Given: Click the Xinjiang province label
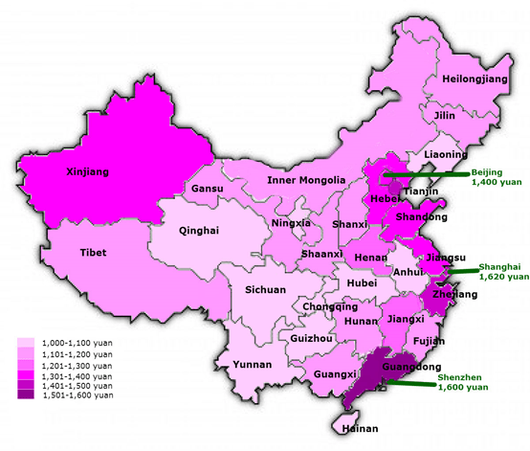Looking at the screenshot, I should click(87, 172).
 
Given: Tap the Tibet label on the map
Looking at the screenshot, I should click(93, 253).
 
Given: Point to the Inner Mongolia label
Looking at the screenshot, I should click(306, 180).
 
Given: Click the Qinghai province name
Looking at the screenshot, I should click(199, 230).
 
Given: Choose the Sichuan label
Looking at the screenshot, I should click(265, 289).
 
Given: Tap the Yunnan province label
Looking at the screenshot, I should click(253, 365).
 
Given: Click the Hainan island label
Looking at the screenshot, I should click(359, 428).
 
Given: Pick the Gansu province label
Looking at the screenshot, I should click(207, 189).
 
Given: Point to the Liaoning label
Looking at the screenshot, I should click(446, 154).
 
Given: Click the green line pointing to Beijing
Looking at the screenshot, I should click(426, 173).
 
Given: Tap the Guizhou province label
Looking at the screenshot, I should click(311, 338).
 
